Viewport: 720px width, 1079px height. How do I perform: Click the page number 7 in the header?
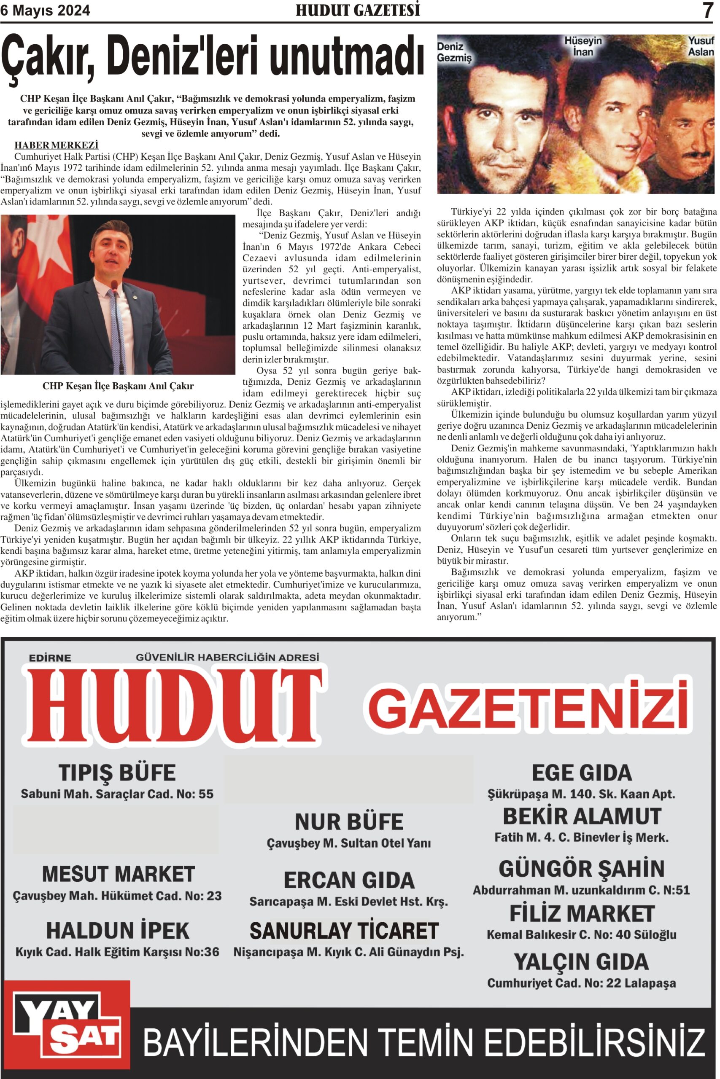click(708, 11)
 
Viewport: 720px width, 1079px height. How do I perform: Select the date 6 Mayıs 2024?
click(46, 11)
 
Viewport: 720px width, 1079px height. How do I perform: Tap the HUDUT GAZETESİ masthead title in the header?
click(358, 11)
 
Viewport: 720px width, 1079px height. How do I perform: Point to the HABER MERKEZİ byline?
click(57, 145)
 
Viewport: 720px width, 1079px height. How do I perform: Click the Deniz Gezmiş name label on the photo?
click(454, 52)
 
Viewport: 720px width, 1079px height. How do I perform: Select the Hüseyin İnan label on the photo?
click(582, 46)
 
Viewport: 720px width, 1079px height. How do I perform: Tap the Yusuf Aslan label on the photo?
click(701, 46)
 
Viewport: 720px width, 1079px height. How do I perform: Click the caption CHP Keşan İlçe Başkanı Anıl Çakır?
click(118, 386)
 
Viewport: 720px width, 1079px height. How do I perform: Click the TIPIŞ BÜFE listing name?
click(117, 773)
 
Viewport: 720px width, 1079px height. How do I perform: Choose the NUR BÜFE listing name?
click(349, 821)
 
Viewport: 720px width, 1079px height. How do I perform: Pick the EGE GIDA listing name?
click(581, 773)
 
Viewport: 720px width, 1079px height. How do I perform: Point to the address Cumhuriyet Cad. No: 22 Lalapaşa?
click(581, 983)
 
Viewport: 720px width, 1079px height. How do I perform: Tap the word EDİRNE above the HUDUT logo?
click(50, 658)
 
